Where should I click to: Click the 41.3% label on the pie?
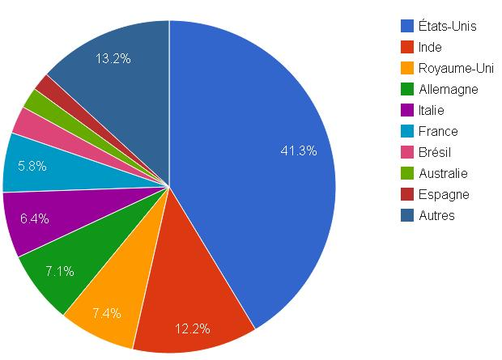(x=298, y=150)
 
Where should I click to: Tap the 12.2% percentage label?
(x=193, y=328)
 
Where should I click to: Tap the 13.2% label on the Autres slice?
(x=113, y=58)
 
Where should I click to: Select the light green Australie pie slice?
(x=36, y=100)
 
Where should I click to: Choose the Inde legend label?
(x=431, y=48)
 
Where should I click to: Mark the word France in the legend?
(x=439, y=132)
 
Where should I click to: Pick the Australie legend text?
(x=444, y=174)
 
